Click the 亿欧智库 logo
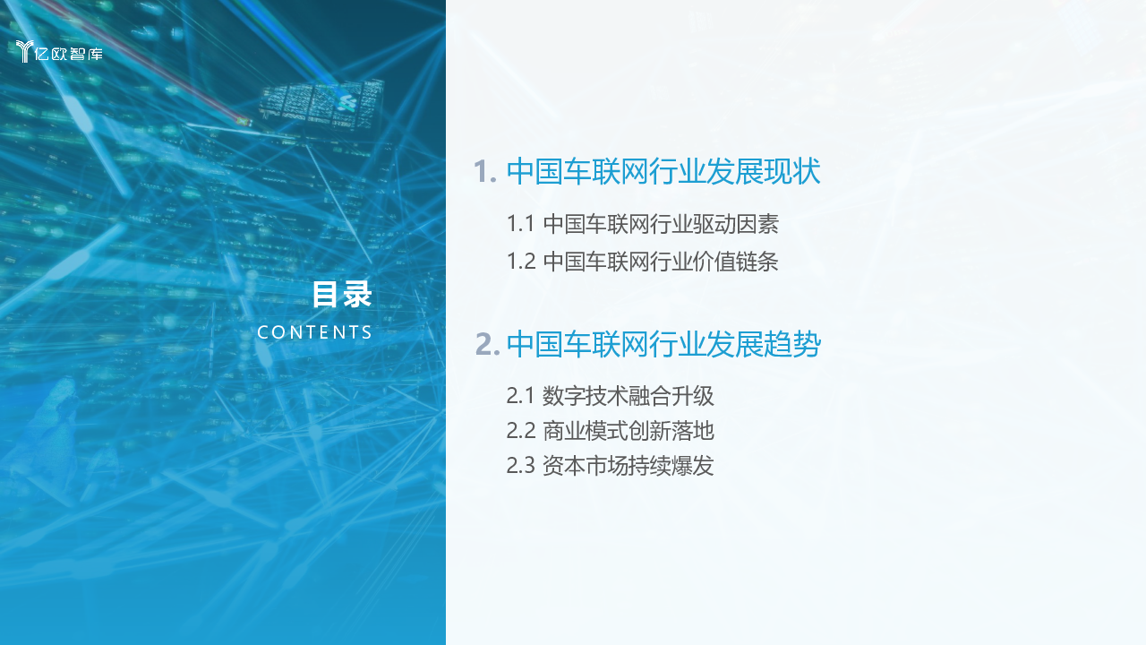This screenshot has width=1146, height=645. click(x=59, y=52)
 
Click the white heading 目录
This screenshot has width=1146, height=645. click(x=342, y=294)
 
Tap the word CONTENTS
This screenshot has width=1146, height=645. click(x=314, y=332)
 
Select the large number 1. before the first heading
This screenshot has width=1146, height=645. click(x=485, y=171)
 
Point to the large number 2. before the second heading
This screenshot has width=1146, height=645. click(x=487, y=344)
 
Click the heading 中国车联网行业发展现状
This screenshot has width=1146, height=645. click(x=663, y=171)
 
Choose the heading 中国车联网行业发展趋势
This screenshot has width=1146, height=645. click(x=663, y=344)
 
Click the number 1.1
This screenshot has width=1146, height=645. click(x=520, y=224)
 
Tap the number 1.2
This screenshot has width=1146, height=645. click(x=521, y=261)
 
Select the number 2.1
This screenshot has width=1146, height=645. click(x=520, y=396)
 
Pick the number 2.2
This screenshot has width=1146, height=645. click(x=521, y=431)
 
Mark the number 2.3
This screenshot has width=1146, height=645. click(x=521, y=465)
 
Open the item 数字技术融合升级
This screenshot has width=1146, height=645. click(x=628, y=396)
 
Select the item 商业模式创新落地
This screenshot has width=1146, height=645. click(x=628, y=431)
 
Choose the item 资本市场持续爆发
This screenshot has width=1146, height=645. click(x=628, y=465)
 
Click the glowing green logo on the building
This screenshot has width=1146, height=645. click(x=346, y=103)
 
